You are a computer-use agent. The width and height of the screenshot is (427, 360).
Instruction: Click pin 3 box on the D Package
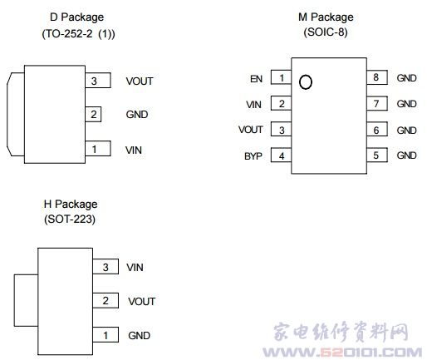coord(98,81)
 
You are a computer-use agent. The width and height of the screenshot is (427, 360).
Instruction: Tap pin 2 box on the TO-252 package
coord(93,114)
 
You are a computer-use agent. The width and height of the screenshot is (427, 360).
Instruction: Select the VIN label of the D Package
coord(134,150)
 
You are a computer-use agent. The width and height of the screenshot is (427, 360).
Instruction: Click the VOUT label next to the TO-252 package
coord(140,81)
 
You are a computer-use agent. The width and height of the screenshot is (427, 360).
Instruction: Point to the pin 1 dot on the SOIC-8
coord(306,82)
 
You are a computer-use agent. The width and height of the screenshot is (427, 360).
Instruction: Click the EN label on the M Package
coord(256,79)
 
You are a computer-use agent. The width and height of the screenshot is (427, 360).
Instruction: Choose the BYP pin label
coord(253,156)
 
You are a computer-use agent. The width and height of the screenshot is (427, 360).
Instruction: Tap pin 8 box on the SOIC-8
coord(377,77)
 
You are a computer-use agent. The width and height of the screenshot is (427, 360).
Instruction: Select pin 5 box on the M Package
coord(377,155)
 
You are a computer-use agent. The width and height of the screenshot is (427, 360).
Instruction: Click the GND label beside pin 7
coord(406,104)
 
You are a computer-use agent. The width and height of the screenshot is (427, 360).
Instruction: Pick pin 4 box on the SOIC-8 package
coord(281,155)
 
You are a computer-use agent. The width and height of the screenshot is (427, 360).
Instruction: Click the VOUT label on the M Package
coord(251,130)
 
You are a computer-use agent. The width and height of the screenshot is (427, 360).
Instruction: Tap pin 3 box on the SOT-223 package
coord(106,267)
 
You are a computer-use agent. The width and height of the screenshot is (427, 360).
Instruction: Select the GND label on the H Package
coord(139,336)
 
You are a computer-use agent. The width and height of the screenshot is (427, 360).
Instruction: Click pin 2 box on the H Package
coord(106,300)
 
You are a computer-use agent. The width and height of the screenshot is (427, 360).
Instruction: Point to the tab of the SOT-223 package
coord(26,300)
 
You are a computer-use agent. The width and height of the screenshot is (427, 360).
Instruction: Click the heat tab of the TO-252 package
coord(16,114)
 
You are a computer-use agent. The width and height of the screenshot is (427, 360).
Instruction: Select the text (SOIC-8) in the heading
coord(326,32)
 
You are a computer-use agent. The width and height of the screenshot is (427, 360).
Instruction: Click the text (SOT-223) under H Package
coord(70,219)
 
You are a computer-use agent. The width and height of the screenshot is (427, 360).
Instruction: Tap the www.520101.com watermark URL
coord(342,353)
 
